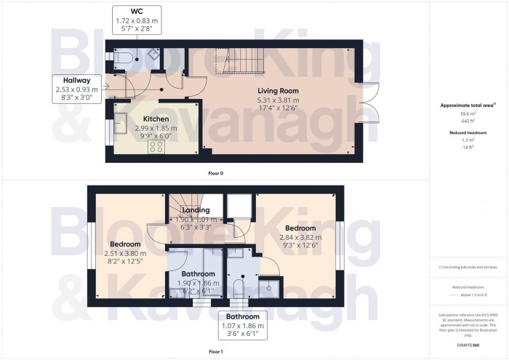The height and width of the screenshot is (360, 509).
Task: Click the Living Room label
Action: pos(278,91)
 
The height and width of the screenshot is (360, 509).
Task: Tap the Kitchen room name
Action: pos(156,119)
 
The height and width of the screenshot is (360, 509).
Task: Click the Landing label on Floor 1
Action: pos(196,211)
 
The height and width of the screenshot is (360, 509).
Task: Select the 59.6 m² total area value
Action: pos(468,113)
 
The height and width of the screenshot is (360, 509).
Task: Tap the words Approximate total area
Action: pos(466,105)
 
